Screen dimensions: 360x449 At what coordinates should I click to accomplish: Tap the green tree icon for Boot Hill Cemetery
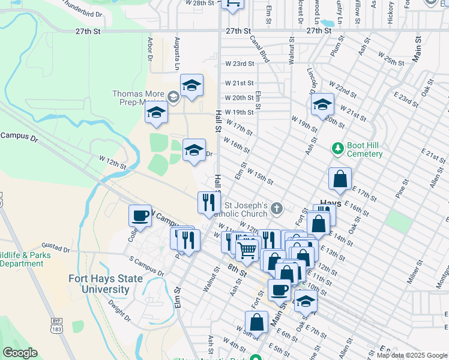338,148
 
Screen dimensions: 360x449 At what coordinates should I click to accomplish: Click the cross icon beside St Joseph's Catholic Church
276,209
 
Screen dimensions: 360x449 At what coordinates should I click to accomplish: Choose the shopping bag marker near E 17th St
340,178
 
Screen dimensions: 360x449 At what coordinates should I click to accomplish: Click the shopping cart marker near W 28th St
232,3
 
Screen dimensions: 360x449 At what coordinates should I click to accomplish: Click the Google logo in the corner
20,353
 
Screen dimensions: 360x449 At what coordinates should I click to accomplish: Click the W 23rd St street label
240,63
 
